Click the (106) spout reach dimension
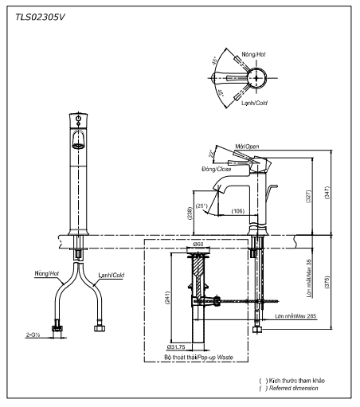[237, 210]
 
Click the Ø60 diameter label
[198, 244]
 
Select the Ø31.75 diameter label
[177, 347]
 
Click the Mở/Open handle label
[247, 147]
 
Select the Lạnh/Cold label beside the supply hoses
[111, 274]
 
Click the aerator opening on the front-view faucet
[78, 143]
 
